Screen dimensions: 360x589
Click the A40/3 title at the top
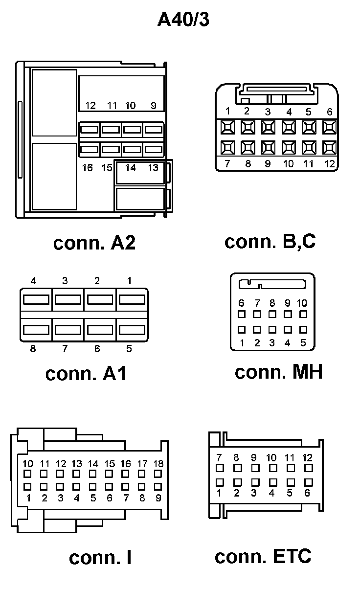pyautogui.click(x=183, y=20)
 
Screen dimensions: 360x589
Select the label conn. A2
pyautogui.click(x=94, y=243)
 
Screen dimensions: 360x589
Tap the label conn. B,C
pyautogui.click(x=270, y=241)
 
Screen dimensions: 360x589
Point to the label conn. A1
pyautogui.click(x=86, y=373)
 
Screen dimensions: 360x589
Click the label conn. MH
pyautogui.click(x=278, y=372)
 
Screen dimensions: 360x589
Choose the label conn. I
pyautogui.click(x=100, y=557)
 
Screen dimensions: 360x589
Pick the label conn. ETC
pyautogui.click(x=263, y=556)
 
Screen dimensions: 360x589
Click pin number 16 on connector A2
pyautogui.click(x=88, y=168)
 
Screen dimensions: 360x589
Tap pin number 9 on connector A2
pyautogui.click(x=153, y=105)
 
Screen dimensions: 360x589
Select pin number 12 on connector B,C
pyautogui.click(x=330, y=164)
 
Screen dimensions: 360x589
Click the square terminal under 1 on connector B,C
pyautogui.click(x=227, y=128)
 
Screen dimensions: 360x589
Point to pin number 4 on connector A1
pyautogui.click(x=33, y=281)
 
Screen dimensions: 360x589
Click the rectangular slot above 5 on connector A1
pyautogui.click(x=132, y=329)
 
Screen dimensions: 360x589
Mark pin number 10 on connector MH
pyautogui.click(x=302, y=303)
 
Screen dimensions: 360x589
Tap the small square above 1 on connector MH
pyautogui.click(x=242, y=329)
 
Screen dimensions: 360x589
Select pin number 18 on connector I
pyautogui.click(x=157, y=463)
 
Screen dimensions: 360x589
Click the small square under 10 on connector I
pyautogui.click(x=28, y=474)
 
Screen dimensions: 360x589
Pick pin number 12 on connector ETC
pyautogui.click(x=307, y=458)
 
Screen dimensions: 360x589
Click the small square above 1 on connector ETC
pyautogui.click(x=220, y=482)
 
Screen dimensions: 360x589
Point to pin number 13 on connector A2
pyautogui.click(x=153, y=168)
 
